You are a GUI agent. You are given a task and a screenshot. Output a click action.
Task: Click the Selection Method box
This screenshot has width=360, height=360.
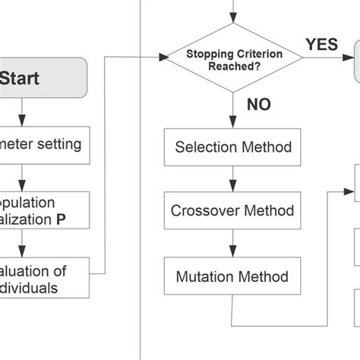click(232, 146)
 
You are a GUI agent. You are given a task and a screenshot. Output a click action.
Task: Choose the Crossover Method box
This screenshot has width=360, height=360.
click(232, 210)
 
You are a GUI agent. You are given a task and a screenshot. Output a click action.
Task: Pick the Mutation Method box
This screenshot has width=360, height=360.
click(232, 276)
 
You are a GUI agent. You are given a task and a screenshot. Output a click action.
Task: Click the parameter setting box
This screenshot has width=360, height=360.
click(46, 144)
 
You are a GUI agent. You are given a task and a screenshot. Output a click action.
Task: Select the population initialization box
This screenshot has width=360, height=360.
click(46, 210)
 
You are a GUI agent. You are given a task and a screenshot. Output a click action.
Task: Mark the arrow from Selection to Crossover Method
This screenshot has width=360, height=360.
click(232, 179)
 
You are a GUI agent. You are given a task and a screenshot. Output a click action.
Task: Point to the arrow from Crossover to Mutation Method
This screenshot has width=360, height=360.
click(232, 244)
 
